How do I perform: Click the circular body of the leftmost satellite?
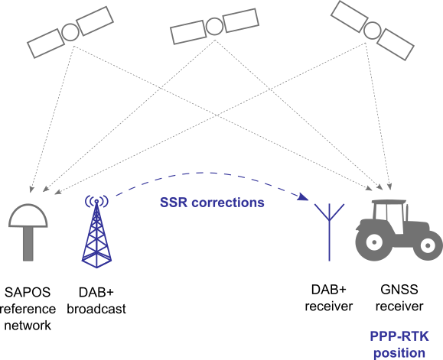click(70, 32)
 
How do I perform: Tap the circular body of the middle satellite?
click(215, 27)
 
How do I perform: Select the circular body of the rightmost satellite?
click(372, 31)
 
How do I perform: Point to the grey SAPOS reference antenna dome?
click(28, 216)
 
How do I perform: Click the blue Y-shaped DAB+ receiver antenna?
click(329, 232)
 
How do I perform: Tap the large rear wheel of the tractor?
click(374, 242)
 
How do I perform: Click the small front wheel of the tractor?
click(428, 245)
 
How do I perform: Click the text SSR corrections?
click(212, 203)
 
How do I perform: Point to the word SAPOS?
click(28, 292)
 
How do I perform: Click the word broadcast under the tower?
click(96, 309)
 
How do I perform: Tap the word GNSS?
click(399, 290)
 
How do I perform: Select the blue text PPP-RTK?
click(399, 336)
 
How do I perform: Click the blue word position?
click(399, 353)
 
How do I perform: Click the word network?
click(28, 326)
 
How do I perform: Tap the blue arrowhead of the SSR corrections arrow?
click(304, 196)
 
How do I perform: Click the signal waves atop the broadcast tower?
click(96, 200)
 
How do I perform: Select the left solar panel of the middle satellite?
click(188, 32)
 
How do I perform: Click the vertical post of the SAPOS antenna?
click(28, 244)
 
